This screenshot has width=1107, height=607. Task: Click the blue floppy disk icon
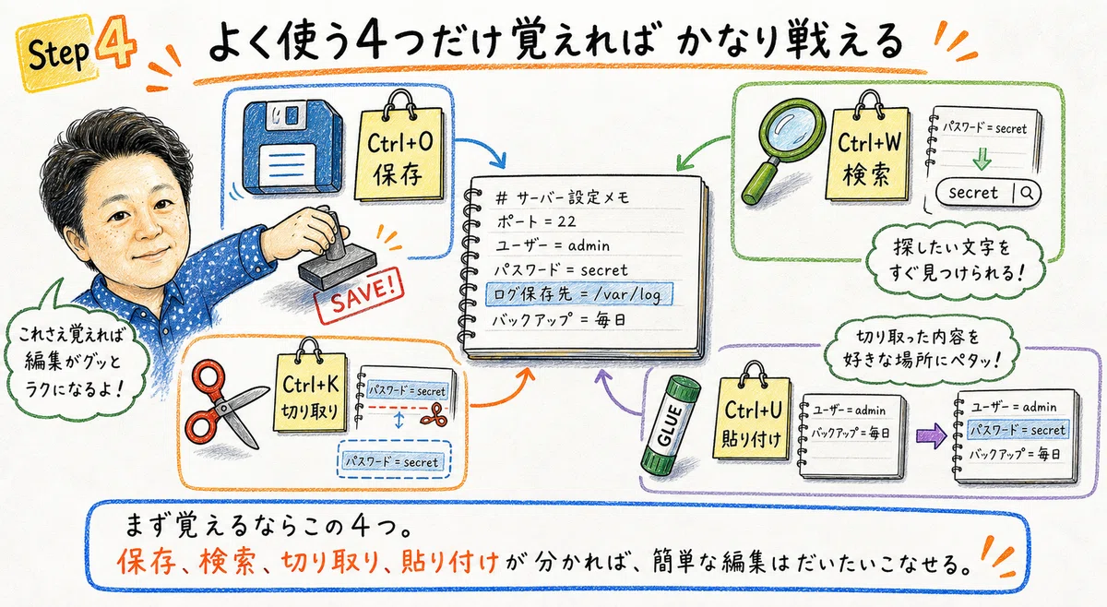[x=292, y=148]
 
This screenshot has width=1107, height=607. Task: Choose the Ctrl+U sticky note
[x=752, y=414]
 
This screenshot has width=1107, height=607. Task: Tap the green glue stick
[x=672, y=425]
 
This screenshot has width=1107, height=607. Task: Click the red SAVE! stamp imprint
[x=360, y=295]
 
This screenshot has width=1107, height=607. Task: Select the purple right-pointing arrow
[x=931, y=436]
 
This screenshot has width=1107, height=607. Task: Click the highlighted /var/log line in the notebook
[x=578, y=294]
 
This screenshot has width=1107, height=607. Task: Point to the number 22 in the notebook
[x=566, y=221]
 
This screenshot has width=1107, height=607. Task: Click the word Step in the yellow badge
[x=58, y=54]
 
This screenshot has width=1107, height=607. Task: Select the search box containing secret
[x=987, y=193]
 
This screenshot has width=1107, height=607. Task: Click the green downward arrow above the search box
[x=982, y=158]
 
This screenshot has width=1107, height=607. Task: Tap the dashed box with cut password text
[x=394, y=460]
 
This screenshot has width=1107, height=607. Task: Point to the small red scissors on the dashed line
[x=434, y=414]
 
